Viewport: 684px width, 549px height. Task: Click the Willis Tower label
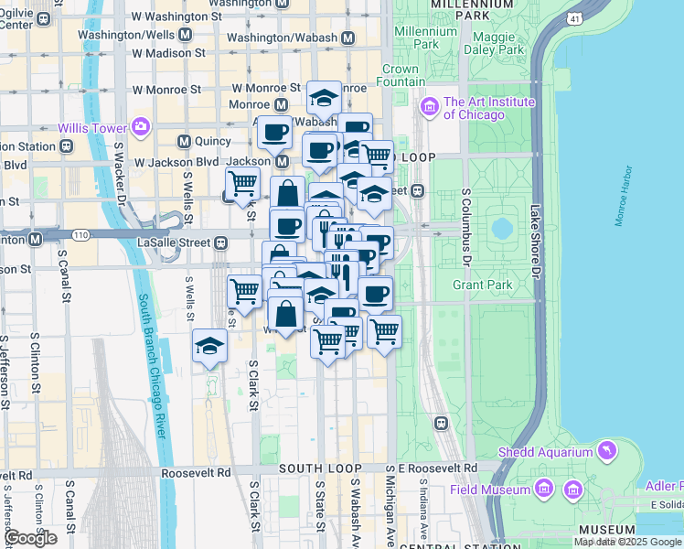(x=91, y=128)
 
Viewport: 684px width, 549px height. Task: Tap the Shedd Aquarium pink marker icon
(x=605, y=451)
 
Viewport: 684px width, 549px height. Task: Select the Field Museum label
(x=490, y=490)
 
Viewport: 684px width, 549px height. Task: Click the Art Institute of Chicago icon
(x=430, y=108)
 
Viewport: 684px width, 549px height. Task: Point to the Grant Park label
(x=482, y=285)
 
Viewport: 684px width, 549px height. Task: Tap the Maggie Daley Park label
(x=496, y=42)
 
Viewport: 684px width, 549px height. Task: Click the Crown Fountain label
(x=401, y=75)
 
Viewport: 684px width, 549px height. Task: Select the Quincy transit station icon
(x=185, y=142)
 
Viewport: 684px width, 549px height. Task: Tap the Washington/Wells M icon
(x=185, y=35)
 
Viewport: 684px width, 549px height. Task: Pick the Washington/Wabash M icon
(x=347, y=38)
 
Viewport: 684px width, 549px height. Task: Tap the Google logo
(x=30, y=538)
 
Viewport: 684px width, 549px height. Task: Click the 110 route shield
(x=80, y=236)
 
